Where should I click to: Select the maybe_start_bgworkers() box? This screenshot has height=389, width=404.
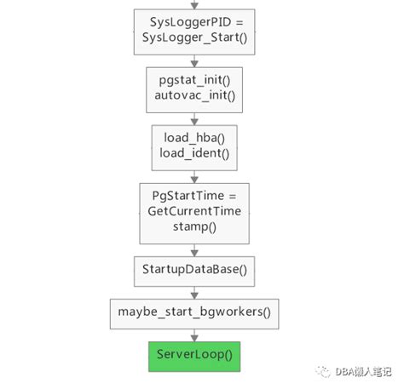click(194, 312)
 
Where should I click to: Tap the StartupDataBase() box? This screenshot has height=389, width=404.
click(194, 270)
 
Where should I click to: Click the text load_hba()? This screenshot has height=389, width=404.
click(194, 138)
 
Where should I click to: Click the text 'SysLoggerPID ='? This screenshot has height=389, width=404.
click(194, 20)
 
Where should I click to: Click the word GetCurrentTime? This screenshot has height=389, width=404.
click(194, 211)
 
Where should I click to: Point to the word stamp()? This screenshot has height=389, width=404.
click(194, 228)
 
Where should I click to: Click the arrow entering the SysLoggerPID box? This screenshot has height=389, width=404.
click(194, 4)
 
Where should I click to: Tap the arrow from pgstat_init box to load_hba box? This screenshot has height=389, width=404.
click(194, 118)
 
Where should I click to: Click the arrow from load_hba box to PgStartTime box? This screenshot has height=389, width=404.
click(194, 176)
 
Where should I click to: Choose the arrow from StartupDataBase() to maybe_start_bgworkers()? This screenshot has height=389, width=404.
click(194, 291)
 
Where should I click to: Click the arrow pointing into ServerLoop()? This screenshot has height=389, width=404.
click(194, 334)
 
